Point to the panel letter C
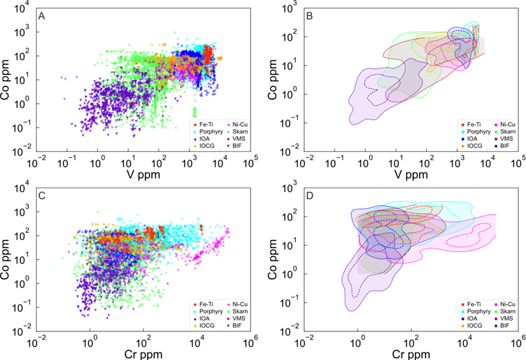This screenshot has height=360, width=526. pos(42,195)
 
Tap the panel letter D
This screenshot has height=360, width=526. pos(310,195)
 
